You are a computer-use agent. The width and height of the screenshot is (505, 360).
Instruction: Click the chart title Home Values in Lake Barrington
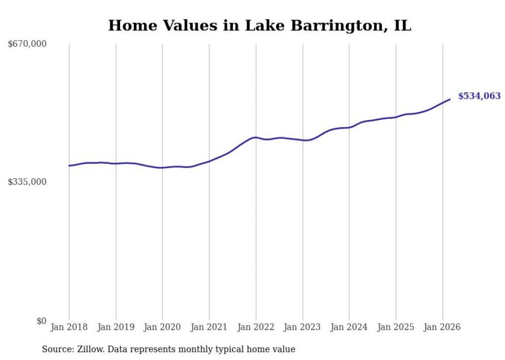(x=259, y=26)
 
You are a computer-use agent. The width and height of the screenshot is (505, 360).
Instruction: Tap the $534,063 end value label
(x=479, y=96)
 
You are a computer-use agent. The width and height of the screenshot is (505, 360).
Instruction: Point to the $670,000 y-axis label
(x=27, y=44)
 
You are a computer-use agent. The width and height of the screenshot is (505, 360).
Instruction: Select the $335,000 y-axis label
(x=27, y=182)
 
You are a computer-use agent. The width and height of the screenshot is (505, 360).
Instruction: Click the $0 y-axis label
(x=41, y=321)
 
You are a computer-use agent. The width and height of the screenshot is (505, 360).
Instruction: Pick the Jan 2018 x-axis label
(x=69, y=327)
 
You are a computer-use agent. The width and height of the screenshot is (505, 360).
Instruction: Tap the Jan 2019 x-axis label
(x=116, y=327)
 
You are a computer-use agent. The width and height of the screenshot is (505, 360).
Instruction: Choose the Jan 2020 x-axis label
(x=162, y=327)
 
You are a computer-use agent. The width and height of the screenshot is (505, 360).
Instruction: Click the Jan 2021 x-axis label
(x=209, y=327)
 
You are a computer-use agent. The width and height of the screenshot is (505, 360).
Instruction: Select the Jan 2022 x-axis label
(x=256, y=327)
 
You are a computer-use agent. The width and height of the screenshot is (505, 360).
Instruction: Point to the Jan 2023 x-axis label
(x=302, y=327)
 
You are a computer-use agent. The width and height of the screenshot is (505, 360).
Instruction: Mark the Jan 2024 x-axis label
(x=349, y=327)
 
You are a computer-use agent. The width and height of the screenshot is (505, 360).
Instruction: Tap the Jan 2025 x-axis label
(x=396, y=327)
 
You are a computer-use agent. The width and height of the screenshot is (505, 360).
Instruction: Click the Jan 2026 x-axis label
(x=442, y=327)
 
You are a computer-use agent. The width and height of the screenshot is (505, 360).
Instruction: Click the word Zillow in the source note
(x=86, y=349)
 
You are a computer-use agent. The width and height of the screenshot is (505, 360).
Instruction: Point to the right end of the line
(x=450, y=99)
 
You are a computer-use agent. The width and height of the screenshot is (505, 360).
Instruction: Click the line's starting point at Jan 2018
(x=69, y=166)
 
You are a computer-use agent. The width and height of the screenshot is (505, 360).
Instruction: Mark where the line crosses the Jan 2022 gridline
(x=256, y=138)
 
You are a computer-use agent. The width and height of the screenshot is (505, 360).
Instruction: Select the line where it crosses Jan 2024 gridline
(x=349, y=127)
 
